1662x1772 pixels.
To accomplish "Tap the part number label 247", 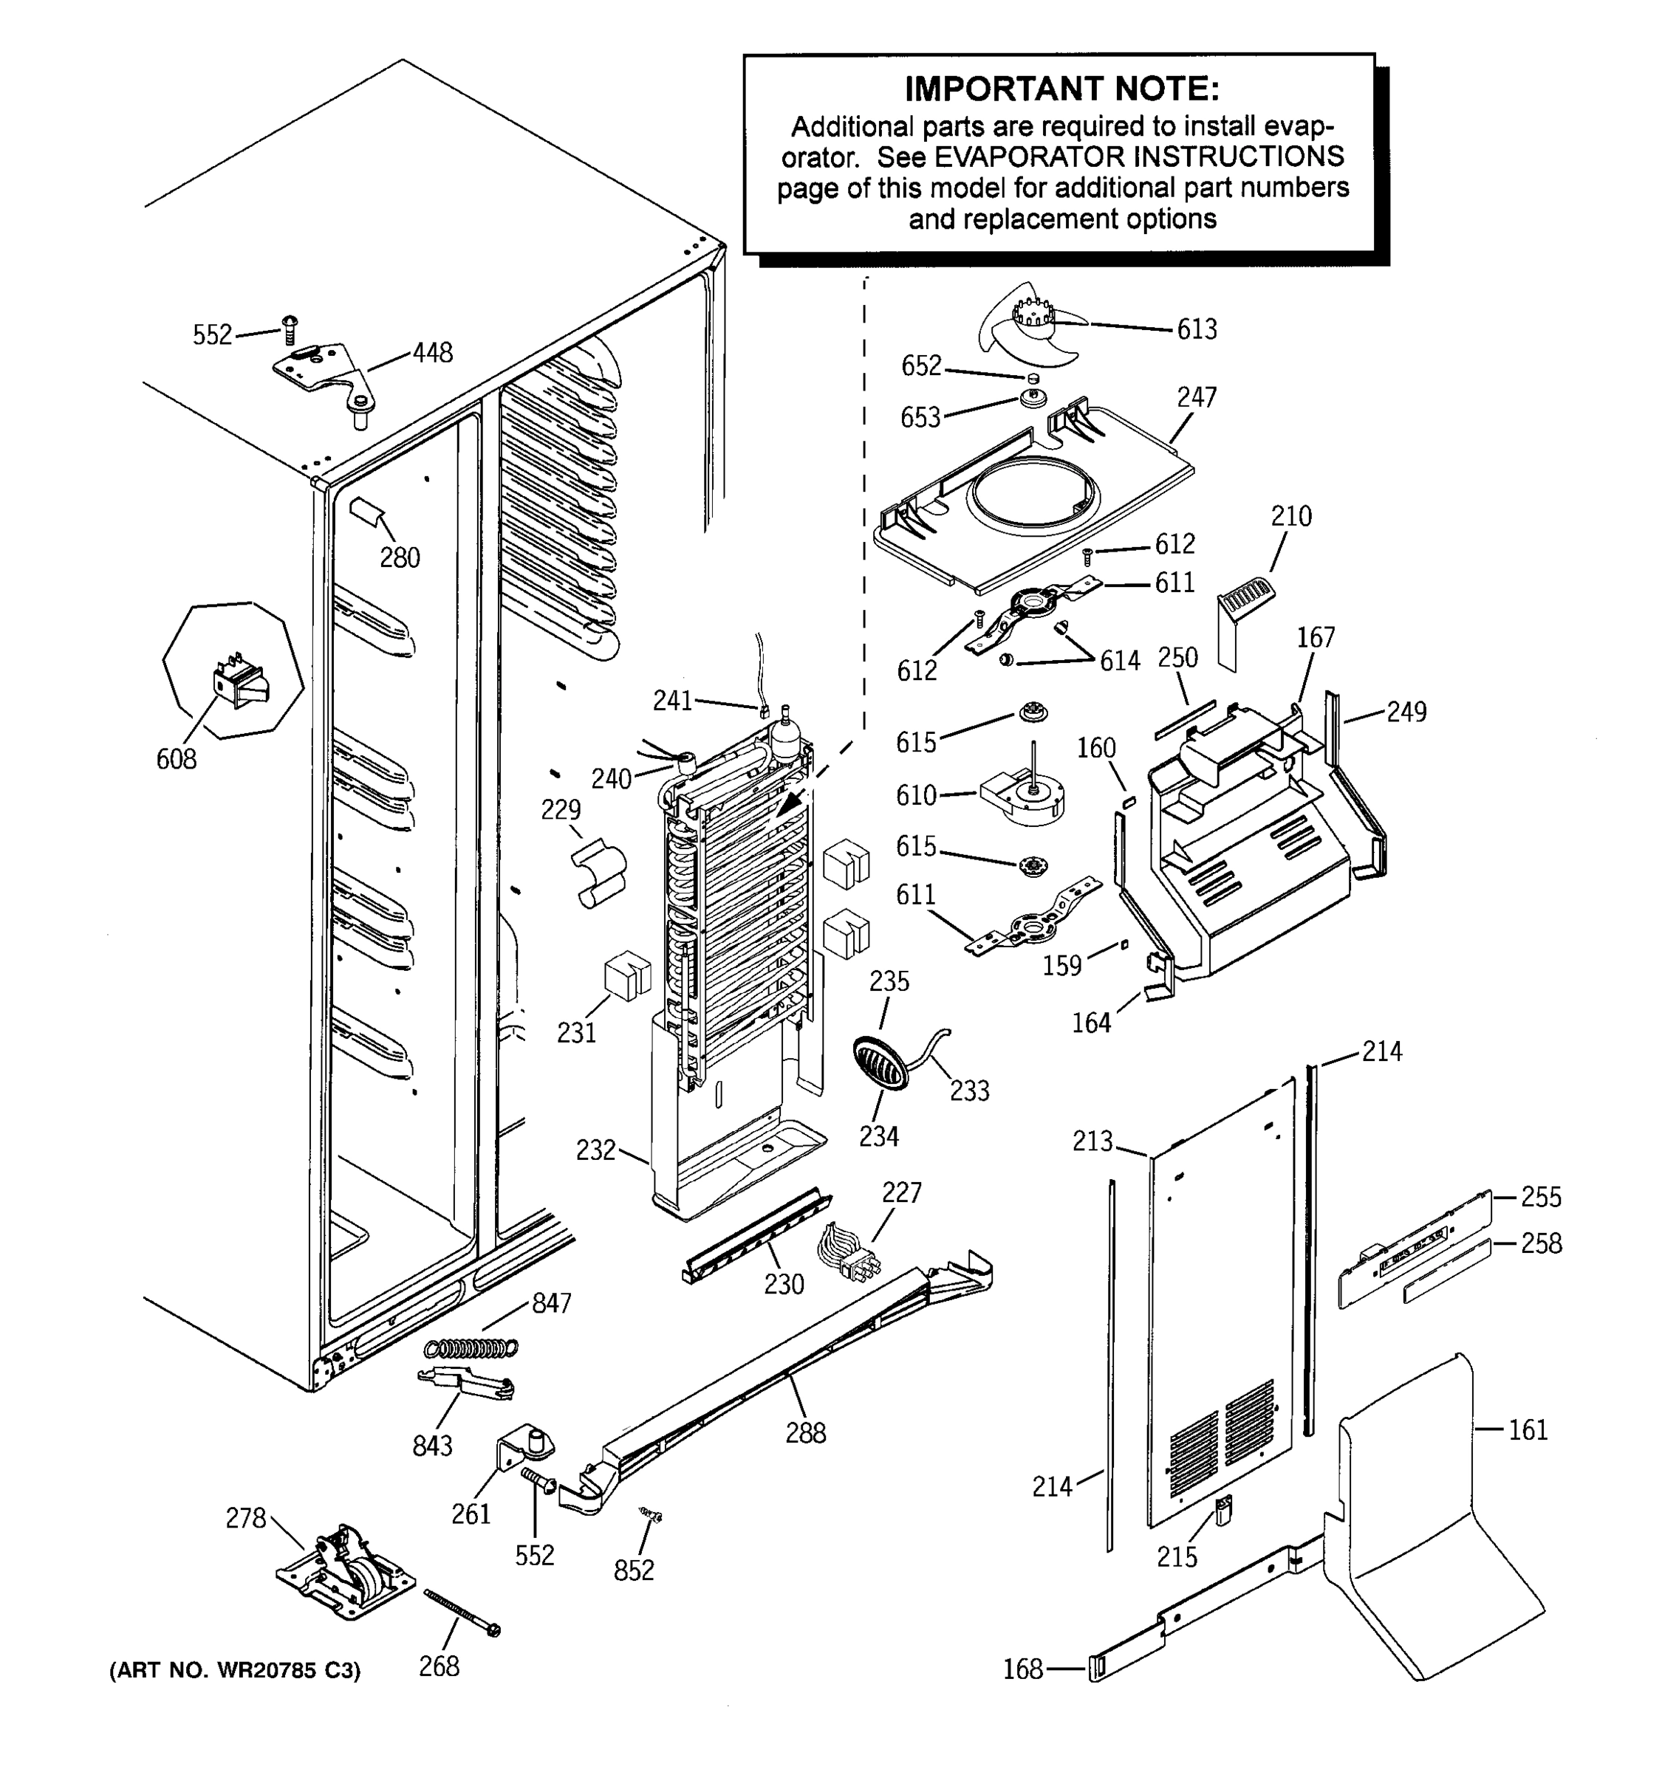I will (1196, 397).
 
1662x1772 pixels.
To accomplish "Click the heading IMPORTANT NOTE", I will (1061, 89).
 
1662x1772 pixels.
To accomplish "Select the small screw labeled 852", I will (651, 1514).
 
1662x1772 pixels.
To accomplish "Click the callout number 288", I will (805, 1432).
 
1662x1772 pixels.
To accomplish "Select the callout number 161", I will (1528, 1429).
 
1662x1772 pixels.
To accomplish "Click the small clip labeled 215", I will (1223, 1509).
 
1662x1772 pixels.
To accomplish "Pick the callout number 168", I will (1022, 1669).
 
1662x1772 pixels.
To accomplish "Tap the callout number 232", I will (595, 1150).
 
